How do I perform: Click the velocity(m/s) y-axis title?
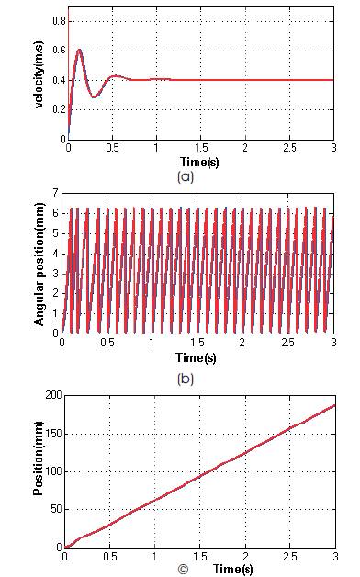pyautogui.click(x=43, y=73)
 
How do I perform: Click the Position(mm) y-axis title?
pyautogui.click(x=39, y=470)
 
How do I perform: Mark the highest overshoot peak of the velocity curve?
pyautogui.click(x=80, y=50)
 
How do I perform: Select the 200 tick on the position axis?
pyautogui.click(x=51, y=395)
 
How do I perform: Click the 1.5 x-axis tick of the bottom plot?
pyautogui.click(x=199, y=558)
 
